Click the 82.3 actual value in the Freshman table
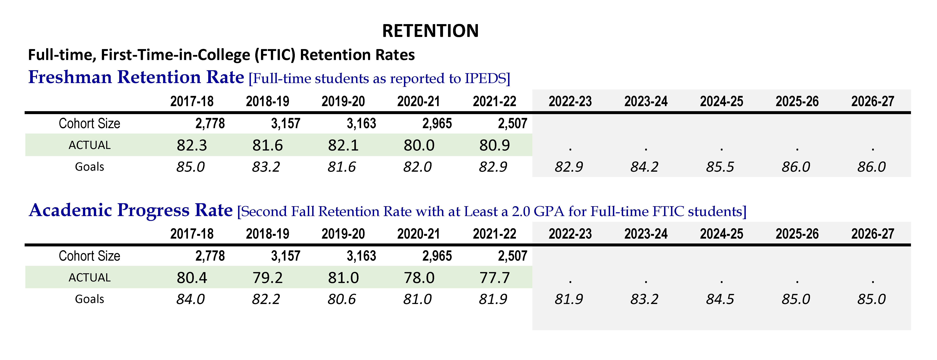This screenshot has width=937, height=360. tap(192, 145)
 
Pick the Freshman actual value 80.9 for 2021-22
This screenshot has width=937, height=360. tap(494, 145)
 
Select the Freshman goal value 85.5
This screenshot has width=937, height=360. tap(720, 167)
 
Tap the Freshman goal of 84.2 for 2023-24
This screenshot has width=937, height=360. tap(644, 167)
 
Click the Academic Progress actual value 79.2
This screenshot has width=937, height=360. tap(267, 278)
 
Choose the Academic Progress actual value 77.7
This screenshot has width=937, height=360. tap(494, 278)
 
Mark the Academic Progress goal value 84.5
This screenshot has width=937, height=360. tap(720, 299)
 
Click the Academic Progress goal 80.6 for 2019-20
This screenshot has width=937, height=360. tap(341, 299)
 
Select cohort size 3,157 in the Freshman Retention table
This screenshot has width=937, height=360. tap(286, 124)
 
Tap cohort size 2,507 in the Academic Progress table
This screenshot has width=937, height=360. tap(512, 256)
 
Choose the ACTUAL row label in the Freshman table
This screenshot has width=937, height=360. tap(90, 145)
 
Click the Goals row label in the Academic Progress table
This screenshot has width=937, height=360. tap(90, 299)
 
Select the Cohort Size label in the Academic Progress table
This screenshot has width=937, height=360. tap(90, 256)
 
